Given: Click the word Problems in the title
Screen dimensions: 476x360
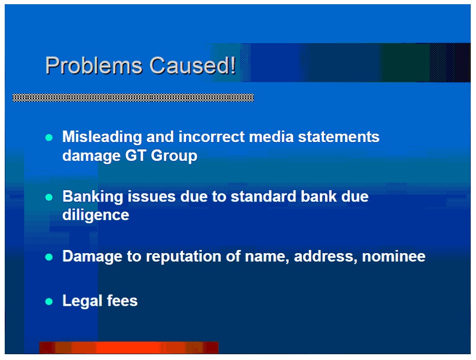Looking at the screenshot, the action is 94,66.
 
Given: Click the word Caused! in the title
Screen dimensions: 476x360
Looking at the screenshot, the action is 193,65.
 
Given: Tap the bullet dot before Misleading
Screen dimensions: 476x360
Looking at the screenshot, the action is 49,137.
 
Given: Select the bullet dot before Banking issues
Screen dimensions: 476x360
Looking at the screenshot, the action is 49,197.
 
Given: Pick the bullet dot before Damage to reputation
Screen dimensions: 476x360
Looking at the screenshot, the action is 49,257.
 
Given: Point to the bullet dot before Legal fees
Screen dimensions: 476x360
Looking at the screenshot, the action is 49,302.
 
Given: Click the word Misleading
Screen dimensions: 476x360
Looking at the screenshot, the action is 102,137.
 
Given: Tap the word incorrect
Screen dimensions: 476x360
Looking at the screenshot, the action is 211,137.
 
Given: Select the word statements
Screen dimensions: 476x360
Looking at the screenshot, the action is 339,137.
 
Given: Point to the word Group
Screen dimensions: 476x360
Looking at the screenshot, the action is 174,156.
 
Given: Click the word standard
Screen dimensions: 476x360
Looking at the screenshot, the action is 264,196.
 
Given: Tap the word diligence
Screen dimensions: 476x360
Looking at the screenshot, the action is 96,215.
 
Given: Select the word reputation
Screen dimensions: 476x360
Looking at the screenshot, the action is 184,257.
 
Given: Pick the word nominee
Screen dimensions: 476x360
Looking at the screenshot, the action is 394,257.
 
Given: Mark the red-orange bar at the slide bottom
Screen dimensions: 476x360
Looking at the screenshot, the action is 129,347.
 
